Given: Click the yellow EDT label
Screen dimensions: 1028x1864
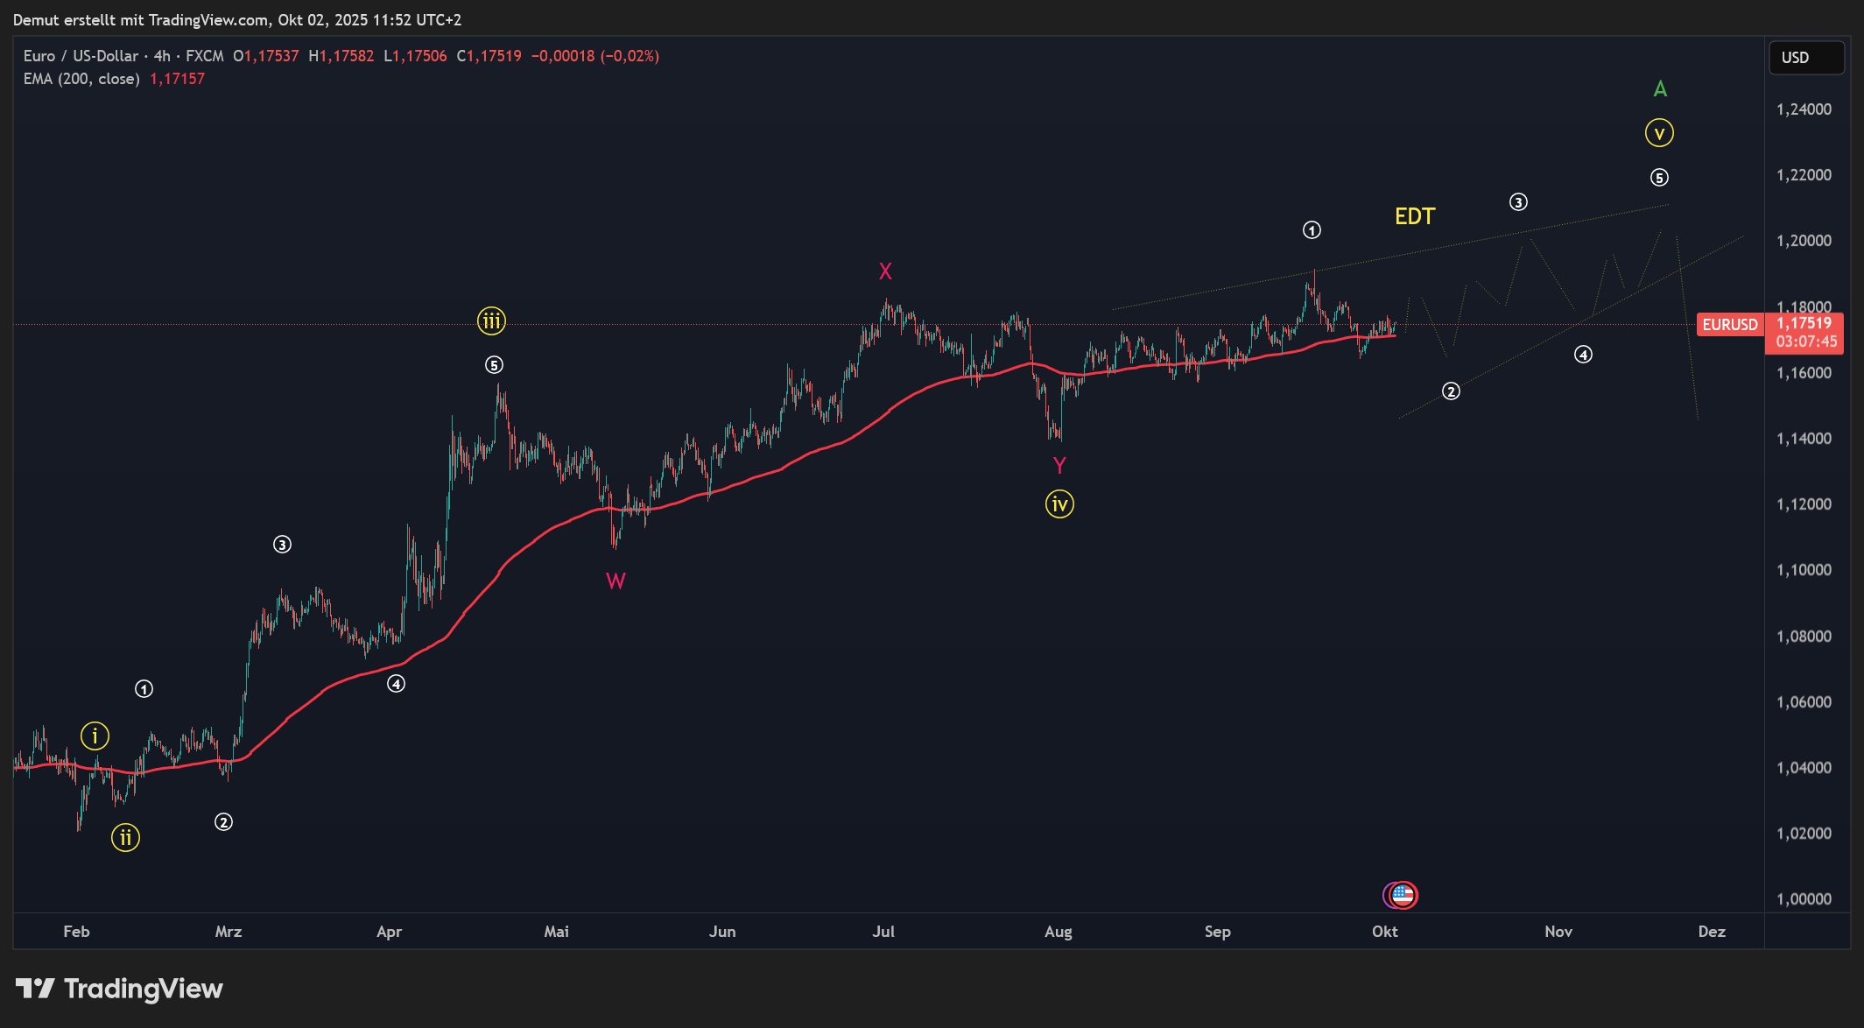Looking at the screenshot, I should (x=1414, y=216).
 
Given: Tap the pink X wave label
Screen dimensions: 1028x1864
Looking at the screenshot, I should (x=885, y=271).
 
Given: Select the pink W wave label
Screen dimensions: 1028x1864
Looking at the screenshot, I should (x=615, y=581).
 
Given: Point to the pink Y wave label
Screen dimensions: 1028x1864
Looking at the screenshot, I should (x=1059, y=465).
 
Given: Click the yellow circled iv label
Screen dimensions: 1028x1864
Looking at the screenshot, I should (x=1059, y=504).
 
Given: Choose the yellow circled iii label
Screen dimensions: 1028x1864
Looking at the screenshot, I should (x=491, y=321).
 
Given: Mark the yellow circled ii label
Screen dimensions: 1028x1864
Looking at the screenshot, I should (x=125, y=838).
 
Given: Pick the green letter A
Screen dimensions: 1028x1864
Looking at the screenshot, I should (x=1660, y=89).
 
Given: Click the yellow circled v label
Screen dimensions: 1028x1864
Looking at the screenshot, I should (x=1659, y=133).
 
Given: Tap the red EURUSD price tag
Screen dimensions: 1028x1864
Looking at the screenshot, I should (x=1729, y=325).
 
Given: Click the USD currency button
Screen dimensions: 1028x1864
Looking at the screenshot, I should (x=1805, y=58).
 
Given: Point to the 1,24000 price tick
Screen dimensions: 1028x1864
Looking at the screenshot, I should (x=1804, y=109).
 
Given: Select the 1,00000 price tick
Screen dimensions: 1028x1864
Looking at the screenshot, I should (x=1804, y=899).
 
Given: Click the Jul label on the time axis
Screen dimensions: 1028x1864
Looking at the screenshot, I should (x=883, y=932).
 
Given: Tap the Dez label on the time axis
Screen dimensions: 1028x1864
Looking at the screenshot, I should (x=1712, y=932).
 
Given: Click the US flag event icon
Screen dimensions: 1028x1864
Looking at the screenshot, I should (x=1403, y=895).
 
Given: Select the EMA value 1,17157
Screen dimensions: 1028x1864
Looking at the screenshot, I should (x=177, y=79).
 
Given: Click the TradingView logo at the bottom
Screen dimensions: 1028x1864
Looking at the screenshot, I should (x=119, y=989).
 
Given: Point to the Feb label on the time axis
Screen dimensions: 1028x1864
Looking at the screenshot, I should (x=76, y=932).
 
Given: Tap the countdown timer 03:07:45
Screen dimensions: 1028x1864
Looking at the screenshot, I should (x=1806, y=341).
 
